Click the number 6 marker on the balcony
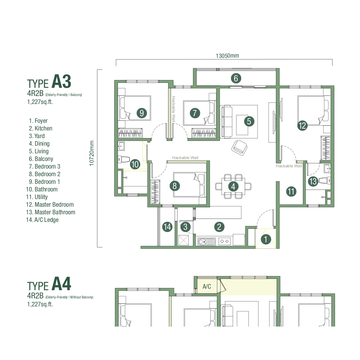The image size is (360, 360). [236, 78]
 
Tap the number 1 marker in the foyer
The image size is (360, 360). [266, 239]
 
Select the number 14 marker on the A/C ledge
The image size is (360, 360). [167, 227]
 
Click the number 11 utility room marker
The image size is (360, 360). [291, 191]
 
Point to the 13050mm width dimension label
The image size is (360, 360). [227, 56]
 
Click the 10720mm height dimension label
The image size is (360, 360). [92, 153]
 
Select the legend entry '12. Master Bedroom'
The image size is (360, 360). [50, 205]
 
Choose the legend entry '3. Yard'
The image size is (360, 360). [37, 136]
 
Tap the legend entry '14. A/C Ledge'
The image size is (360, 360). [42, 220]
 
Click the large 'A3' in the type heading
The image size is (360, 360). [61, 81]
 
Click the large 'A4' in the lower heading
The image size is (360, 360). [61, 284]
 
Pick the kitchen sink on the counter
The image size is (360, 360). [206, 241]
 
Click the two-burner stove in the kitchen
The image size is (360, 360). [224, 241]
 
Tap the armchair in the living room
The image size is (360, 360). [239, 148]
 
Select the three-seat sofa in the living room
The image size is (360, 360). [226, 122]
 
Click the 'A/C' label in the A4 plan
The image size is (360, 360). [207, 287]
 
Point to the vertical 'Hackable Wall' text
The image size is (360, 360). [173, 109]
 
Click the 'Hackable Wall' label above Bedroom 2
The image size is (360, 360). [185, 158]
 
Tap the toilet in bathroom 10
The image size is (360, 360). [124, 159]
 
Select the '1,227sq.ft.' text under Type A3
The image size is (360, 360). [40, 102]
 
